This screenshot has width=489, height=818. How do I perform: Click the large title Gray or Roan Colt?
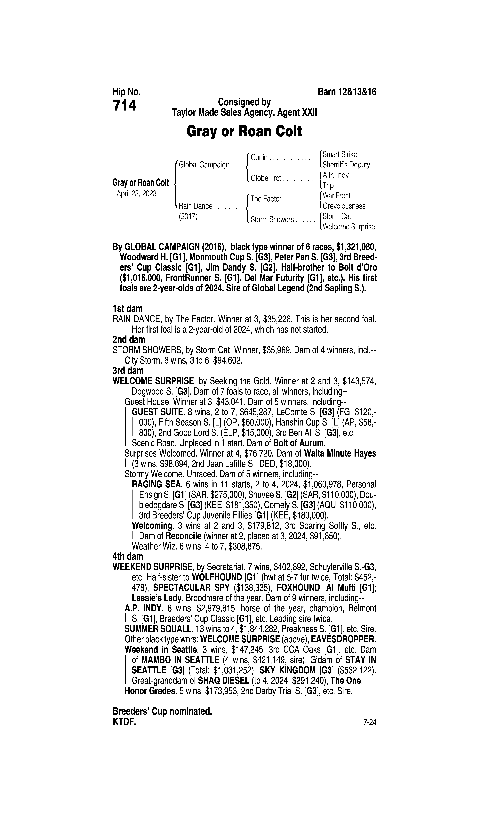point(244,131)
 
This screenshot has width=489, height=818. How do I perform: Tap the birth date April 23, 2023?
point(136,193)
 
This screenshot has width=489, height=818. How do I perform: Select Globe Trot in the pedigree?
point(266,178)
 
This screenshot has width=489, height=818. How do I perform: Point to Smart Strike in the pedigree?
point(340,154)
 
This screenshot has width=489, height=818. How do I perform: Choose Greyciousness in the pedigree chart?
point(344,206)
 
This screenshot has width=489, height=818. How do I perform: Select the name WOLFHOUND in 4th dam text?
point(217,577)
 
